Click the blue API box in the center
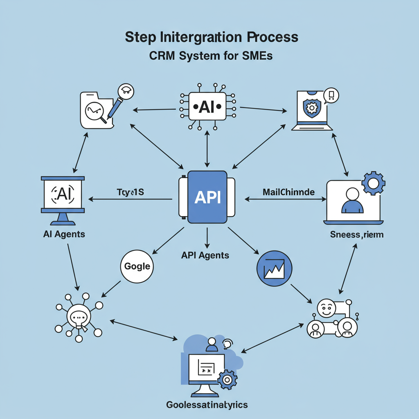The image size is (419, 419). (x=207, y=197)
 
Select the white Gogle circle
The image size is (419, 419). (x=137, y=266)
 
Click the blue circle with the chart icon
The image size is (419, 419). (x=274, y=268)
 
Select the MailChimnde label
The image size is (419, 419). (x=288, y=191)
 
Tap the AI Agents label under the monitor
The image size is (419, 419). (x=64, y=234)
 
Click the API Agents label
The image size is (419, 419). (x=205, y=255)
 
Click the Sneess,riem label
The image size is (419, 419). (x=357, y=234)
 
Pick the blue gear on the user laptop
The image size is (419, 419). (x=373, y=183)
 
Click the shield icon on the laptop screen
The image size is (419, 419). (x=311, y=108)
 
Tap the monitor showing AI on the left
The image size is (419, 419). (x=63, y=196)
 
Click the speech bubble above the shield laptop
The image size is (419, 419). (x=331, y=96)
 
